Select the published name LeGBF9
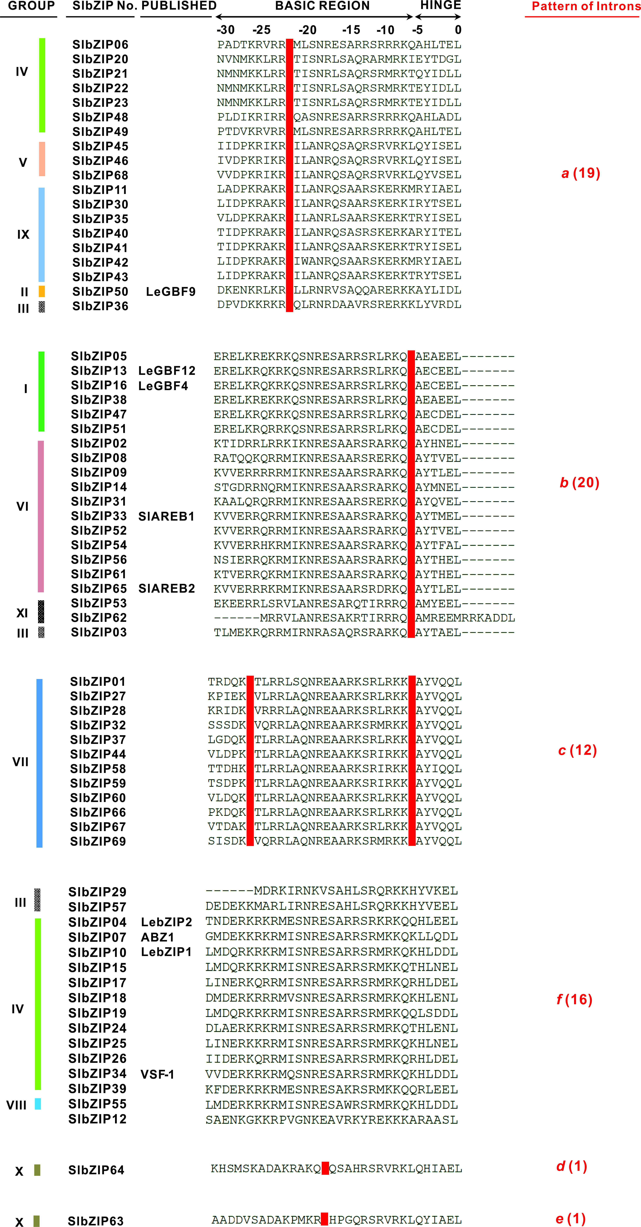click(170, 291)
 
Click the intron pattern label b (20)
click(579, 483)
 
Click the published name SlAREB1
click(166, 516)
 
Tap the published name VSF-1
click(157, 1074)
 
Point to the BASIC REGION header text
click(322, 6)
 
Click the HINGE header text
click(440, 5)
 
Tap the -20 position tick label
click(308, 30)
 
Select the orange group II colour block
click(42, 291)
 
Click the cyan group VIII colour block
click(38, 1104)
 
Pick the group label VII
click(20, 762)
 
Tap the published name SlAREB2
click(167, 589)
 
